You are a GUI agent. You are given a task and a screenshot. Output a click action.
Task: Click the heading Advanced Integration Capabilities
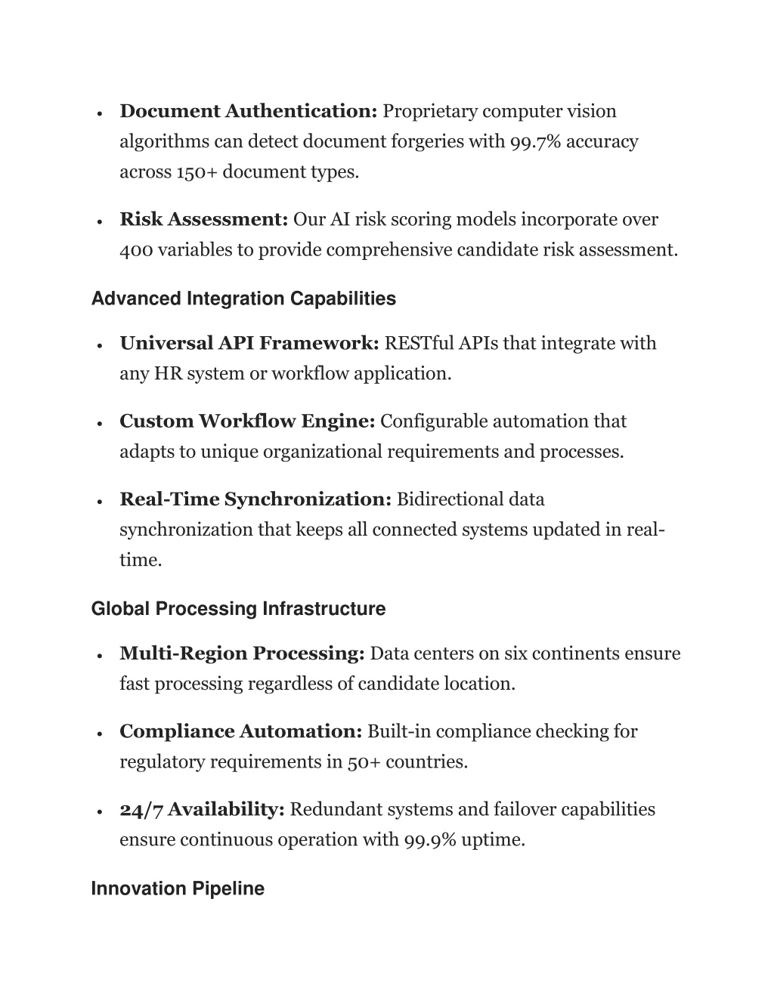(x=243, y=299)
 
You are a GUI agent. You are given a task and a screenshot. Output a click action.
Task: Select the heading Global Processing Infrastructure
(x=238, y=609)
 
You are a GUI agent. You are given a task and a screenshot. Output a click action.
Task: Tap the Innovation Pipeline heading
(x=178, y=888)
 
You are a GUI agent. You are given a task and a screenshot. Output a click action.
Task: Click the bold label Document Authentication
(x=248, y=112)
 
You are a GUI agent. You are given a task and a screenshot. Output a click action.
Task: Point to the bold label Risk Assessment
(x=203, y=220)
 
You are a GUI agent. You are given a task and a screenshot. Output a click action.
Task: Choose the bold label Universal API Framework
(x=249, y=344)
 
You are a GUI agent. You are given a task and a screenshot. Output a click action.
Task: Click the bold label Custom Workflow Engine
(x=247, y=422)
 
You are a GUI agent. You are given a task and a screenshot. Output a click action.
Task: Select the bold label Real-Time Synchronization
(x=255, y=499)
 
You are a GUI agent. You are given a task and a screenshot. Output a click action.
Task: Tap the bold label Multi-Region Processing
(x=242, y=653)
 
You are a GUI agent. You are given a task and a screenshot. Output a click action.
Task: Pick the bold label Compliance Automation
(x=240, y=731)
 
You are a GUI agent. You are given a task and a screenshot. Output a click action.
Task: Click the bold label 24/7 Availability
(x=202, y=810)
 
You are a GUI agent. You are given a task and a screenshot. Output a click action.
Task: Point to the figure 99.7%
(x=535, y=142)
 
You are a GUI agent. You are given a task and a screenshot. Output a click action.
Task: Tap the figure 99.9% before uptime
(x=429, y=840)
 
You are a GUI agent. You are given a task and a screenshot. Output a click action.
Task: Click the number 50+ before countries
(x=364, y=762)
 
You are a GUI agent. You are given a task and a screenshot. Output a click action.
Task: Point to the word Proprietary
(x=430, y=112)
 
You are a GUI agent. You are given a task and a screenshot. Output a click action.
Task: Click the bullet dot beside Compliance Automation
(x=100, y=734)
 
